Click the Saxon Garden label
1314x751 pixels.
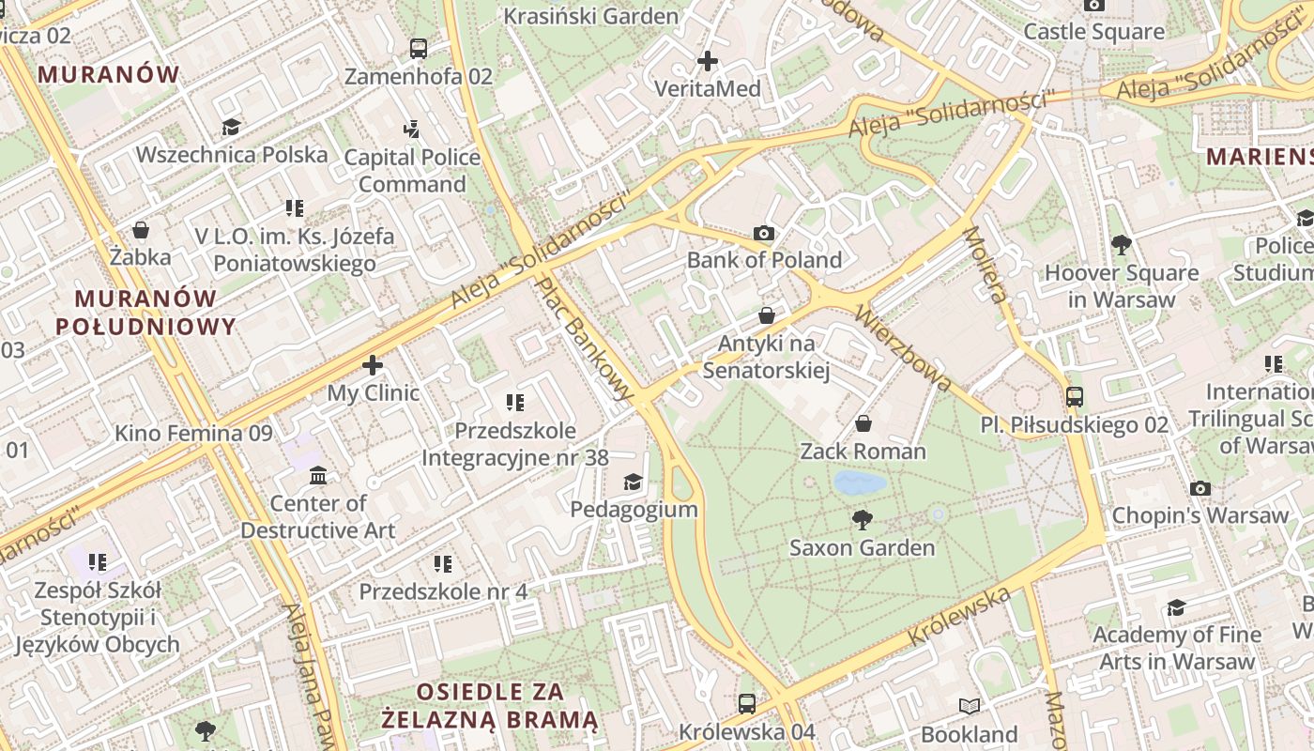[862, 547]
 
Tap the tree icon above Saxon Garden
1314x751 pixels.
[862, 519]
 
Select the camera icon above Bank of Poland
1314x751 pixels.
[764, 233]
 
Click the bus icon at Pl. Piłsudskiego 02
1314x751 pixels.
[1075, 396]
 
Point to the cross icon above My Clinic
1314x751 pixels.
[373, 364]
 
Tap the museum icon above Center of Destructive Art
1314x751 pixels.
[318, 476]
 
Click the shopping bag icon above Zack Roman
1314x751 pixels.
[863, 423]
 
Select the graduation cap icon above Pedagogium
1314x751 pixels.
[634, 482]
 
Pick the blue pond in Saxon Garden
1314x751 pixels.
[860, 483]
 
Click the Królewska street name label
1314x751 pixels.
[959, 615]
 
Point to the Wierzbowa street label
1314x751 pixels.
[904, 345]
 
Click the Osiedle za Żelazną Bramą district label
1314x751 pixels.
[490, 706]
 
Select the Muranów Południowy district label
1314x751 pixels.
[145, 313]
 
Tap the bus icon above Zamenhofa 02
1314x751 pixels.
[419, 48]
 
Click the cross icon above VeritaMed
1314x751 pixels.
[708, 61]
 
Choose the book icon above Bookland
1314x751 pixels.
[970, 706]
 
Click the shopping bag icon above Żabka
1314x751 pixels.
[141, 230]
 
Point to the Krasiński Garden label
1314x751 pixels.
[590, 16]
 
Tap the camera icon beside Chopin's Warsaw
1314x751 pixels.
[1199, 488]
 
